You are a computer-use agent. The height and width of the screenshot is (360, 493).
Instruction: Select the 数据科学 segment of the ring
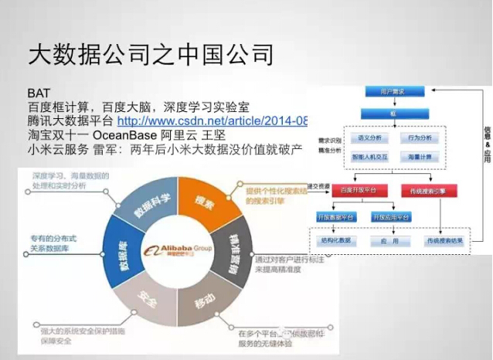click(x=149, y=206)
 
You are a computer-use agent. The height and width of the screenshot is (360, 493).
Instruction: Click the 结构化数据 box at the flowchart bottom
click(x=333, y=242)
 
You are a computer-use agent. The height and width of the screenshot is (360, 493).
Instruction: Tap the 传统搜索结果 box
click(x=442, y=242)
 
